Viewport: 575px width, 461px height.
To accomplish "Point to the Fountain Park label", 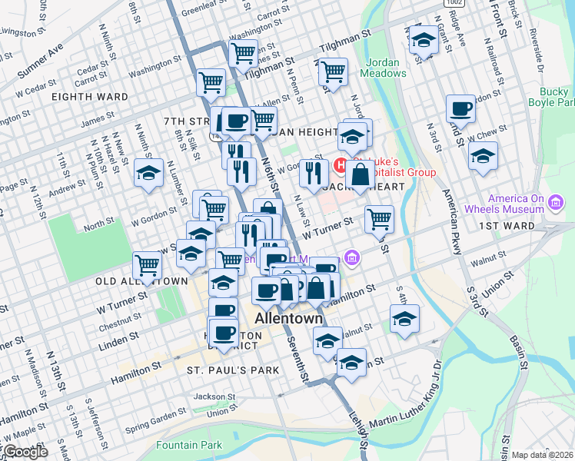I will tap(189, 445).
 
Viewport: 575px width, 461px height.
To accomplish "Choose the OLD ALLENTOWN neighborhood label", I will tap(141, 282).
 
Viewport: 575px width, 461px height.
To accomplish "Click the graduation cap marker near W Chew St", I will tap(483, 156).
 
